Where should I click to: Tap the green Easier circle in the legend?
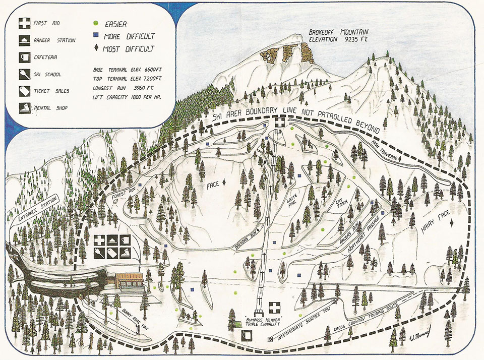pyautogui.click(x=96, y=23)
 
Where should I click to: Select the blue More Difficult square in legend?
pyautogui.click(x=96, y=36)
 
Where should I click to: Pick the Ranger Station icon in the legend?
pyautogui.click(x=24, y=40)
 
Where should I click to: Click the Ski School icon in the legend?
pyautogui.click(x=24, y=74)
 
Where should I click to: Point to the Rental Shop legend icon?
pyautogui.click(x=24, y=107)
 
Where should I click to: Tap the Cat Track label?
pyautogui.click(x=343, y=209)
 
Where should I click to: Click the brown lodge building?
pyautogui.click(x=129, y=281)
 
